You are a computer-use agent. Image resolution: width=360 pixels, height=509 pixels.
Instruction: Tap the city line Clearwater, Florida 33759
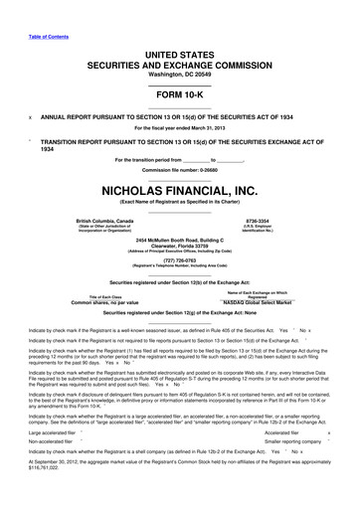(x=180, y=249)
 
